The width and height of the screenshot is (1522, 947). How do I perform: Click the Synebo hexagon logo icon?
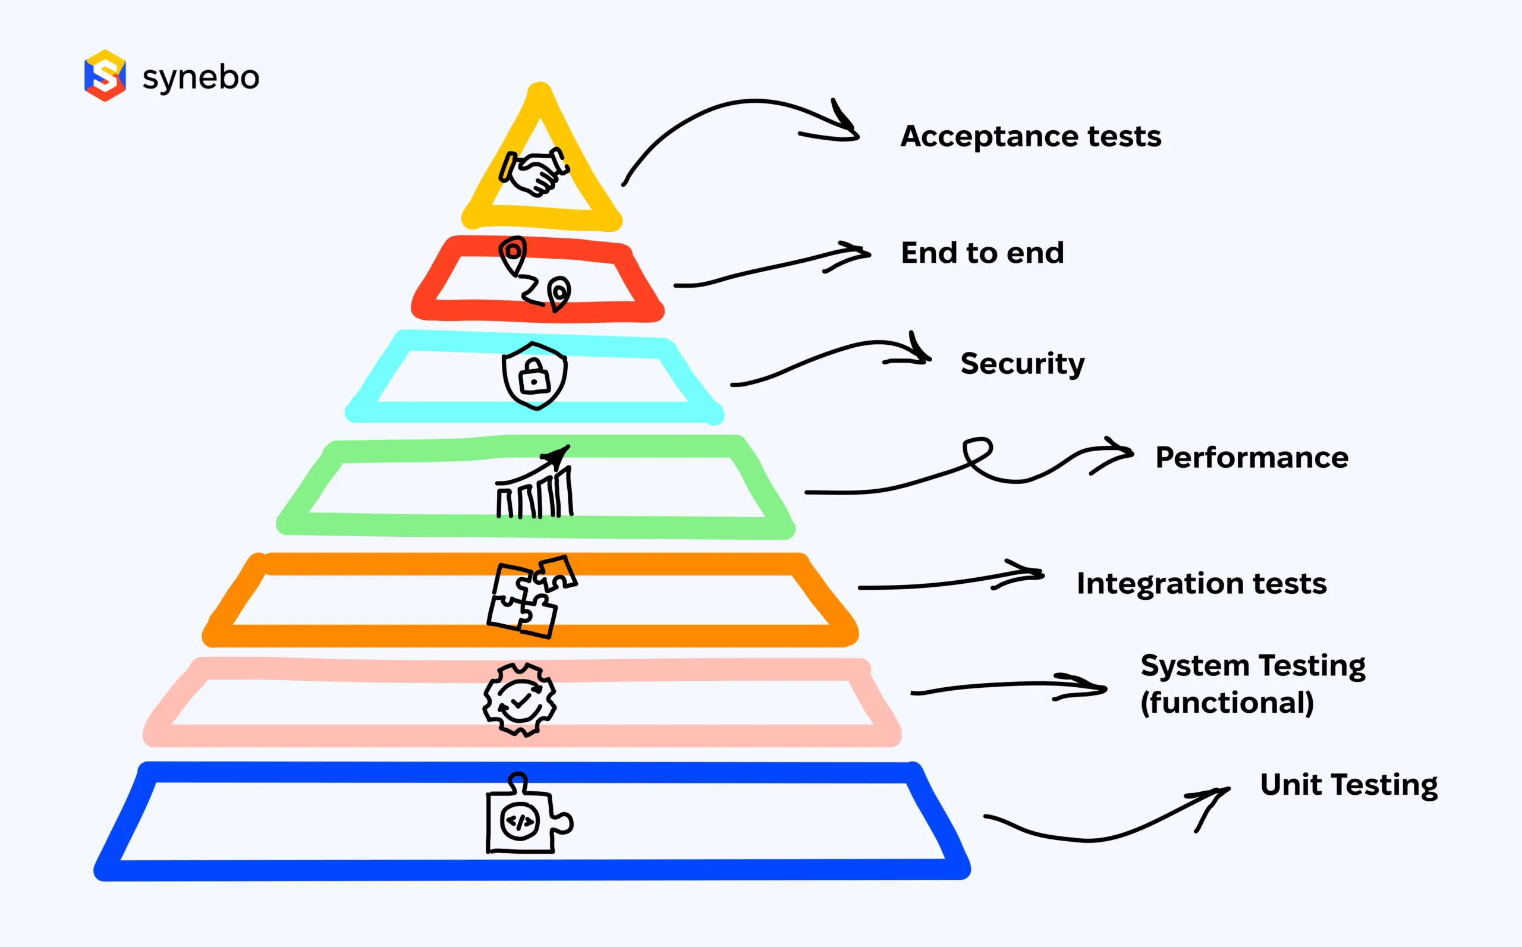105,75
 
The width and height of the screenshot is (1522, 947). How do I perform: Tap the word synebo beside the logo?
200,78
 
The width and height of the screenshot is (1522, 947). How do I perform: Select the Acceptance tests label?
1030,136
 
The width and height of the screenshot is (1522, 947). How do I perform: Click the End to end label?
982,253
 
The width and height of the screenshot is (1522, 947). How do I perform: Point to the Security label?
1022,363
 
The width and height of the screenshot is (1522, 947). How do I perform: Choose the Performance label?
1251,457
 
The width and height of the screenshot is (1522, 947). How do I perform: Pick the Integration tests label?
1202,583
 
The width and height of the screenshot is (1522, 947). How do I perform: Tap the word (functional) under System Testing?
1227,703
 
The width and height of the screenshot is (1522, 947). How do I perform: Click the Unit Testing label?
1348,784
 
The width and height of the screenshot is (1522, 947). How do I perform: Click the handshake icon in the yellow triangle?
534,171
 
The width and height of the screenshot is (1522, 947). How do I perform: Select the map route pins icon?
535,273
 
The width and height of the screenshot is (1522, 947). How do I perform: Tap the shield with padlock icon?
534,376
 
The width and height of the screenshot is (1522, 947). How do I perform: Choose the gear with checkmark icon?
519,700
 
